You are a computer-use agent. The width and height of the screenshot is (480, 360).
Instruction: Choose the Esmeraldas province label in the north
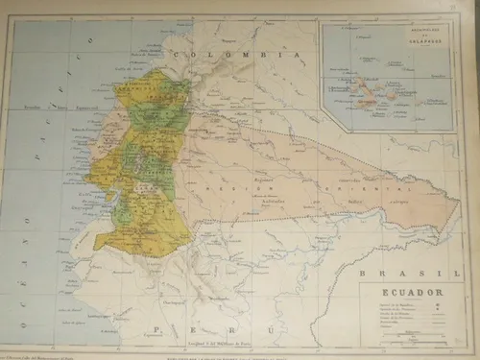pos(140,84)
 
